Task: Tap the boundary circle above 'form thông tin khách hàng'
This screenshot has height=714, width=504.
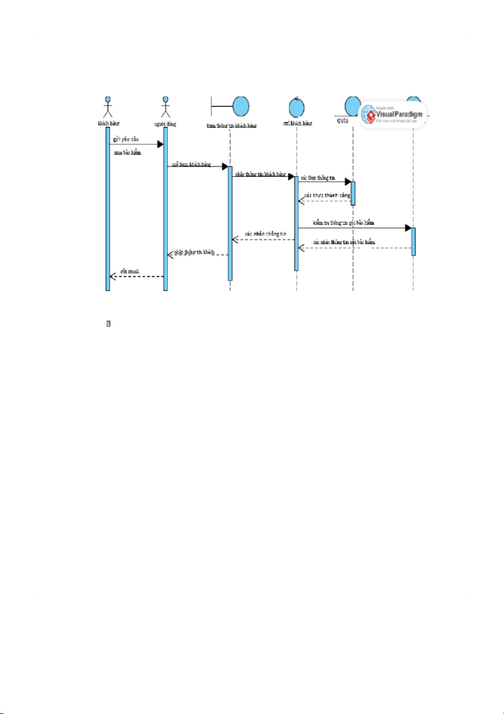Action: [240, 107]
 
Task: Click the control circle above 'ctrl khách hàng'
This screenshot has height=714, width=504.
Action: [298, 106]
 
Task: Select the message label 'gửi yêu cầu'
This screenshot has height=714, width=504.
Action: [125, 138]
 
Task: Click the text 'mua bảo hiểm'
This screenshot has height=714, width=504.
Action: [128, 152]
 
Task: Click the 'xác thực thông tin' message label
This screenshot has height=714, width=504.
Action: [318, 177]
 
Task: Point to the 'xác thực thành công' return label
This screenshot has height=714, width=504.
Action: [327, 195]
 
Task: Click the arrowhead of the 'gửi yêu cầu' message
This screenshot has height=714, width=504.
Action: [160, 144]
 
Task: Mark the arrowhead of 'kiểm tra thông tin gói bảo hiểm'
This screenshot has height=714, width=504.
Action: [408, 228]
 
